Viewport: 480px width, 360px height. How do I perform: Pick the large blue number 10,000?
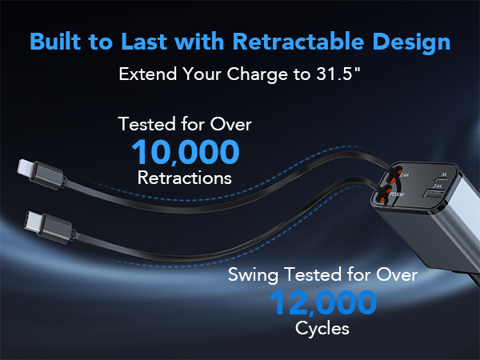click(185, 152)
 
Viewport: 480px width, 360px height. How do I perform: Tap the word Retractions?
click(185, 178)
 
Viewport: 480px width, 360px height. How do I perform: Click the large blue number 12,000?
click(323, 303)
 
